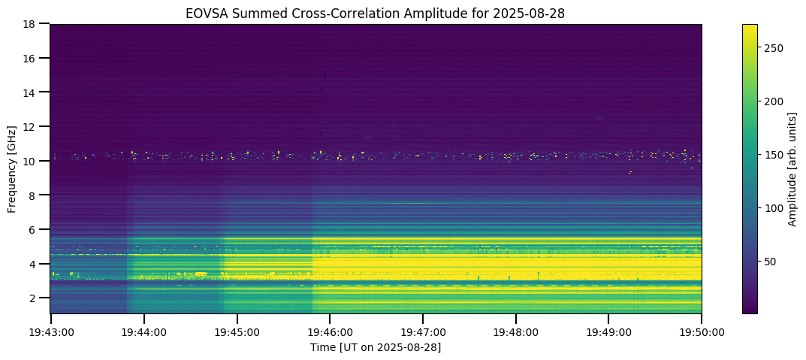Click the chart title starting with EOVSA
(x=376, y=14)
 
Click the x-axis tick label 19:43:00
(x=51, y=331)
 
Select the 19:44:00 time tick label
(x=144, y=331)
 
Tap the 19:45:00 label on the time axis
(x=237, y=331)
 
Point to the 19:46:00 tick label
(x=330, y=331)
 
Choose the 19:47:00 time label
(x=423, y=331)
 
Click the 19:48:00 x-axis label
(x=516, y=331)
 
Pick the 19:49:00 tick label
(x=608, y=331)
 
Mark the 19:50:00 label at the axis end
(x=702, y=331)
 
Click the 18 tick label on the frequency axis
(x=33, y=24)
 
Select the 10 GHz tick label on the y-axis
(x=33, y=161)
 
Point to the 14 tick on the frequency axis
(x=33, y=92)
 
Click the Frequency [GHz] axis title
(x=12, y=168)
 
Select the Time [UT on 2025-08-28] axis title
(x=376, y=347)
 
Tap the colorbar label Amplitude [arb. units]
(x=792, y=168)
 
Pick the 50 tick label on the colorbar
(x=771, y=262)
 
